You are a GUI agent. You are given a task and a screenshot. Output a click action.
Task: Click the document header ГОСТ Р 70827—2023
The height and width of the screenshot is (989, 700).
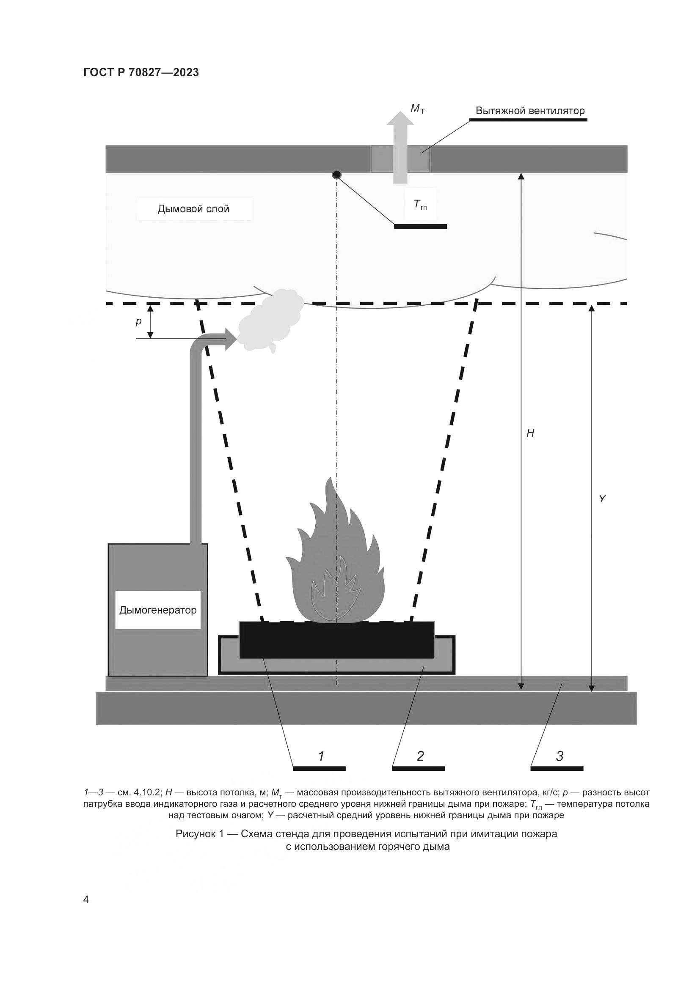(x=141, y=73)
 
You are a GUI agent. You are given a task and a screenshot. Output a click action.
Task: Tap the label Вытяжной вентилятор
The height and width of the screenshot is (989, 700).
(x=530, y=111)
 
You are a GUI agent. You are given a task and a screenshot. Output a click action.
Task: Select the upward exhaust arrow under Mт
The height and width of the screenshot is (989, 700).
(x=400, y=146)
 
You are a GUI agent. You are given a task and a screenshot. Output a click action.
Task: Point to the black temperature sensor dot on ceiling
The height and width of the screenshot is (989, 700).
(x=336, y=175)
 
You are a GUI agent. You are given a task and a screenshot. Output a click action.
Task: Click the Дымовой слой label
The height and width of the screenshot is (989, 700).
(x=193, y=209)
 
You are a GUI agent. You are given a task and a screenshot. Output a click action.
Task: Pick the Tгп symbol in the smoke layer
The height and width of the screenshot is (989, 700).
(x=420, y=205)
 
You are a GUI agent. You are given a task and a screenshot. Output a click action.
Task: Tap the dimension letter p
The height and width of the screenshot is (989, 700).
(x=138, y=321)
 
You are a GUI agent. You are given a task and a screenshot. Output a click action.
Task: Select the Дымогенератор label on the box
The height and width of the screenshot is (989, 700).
(x=158, y=610)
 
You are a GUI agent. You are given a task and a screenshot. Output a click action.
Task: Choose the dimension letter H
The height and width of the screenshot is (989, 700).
(x=530, y=433)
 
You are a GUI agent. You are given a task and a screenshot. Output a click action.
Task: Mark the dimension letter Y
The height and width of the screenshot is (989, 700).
(x=602, y=499)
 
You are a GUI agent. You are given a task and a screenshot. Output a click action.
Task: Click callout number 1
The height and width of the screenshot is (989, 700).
(x=321, y=756)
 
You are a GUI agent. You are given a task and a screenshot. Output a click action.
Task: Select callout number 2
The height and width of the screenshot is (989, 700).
(x=420, y=756)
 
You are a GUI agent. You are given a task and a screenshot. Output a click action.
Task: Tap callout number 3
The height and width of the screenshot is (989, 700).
(x=559, y=756)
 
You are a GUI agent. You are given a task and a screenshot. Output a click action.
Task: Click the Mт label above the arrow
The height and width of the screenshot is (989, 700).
(x=417, y=109)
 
